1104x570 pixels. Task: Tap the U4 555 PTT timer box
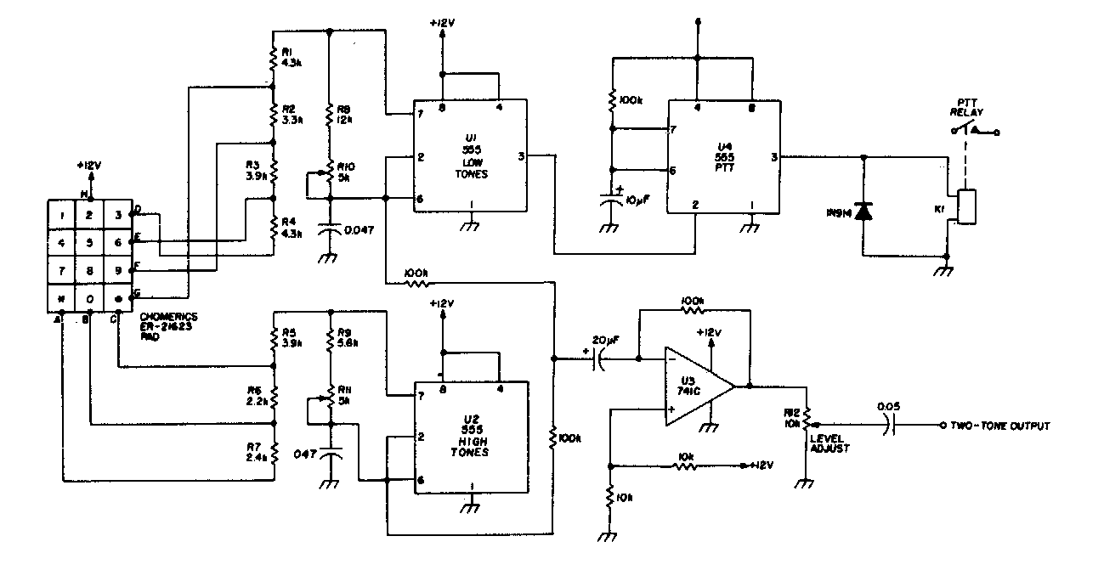722,156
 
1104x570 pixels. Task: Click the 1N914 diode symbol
863,212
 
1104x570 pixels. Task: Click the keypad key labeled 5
88,241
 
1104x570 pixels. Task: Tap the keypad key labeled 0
88,298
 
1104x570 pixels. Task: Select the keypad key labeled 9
116,270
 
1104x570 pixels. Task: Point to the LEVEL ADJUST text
830,443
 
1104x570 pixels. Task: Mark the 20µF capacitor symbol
602,360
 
